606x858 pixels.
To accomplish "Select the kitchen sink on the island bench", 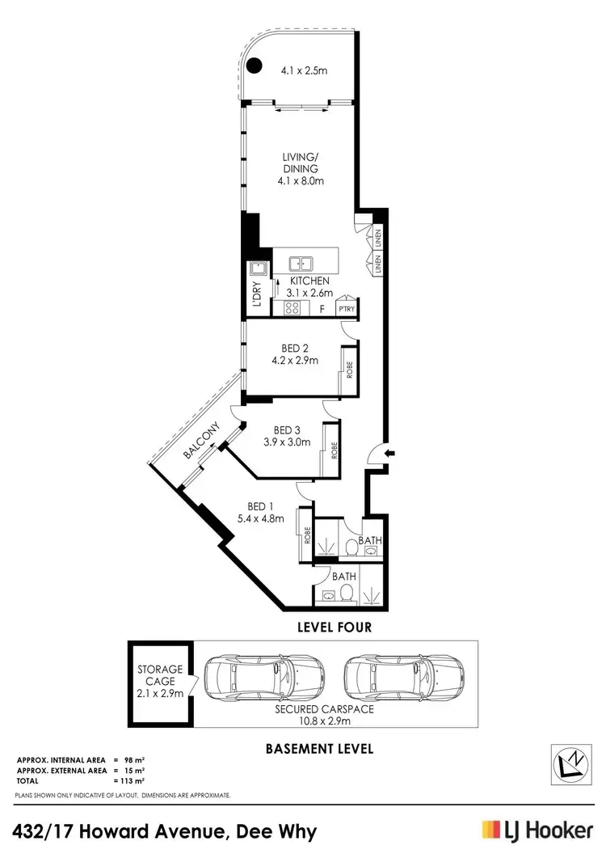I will [x=301, y=263].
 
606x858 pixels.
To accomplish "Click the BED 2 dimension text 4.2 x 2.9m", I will [x=293, y=361].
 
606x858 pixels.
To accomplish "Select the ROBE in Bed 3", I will [x=334, y=451].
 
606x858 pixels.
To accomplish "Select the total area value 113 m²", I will [x=130, y=780].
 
